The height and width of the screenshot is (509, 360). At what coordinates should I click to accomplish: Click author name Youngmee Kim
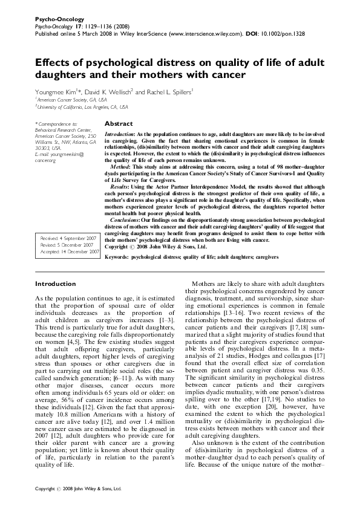point(53,92)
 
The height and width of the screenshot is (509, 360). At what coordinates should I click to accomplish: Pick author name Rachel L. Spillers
point(168,92)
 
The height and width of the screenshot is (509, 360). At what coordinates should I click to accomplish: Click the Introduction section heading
point(55,284)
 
